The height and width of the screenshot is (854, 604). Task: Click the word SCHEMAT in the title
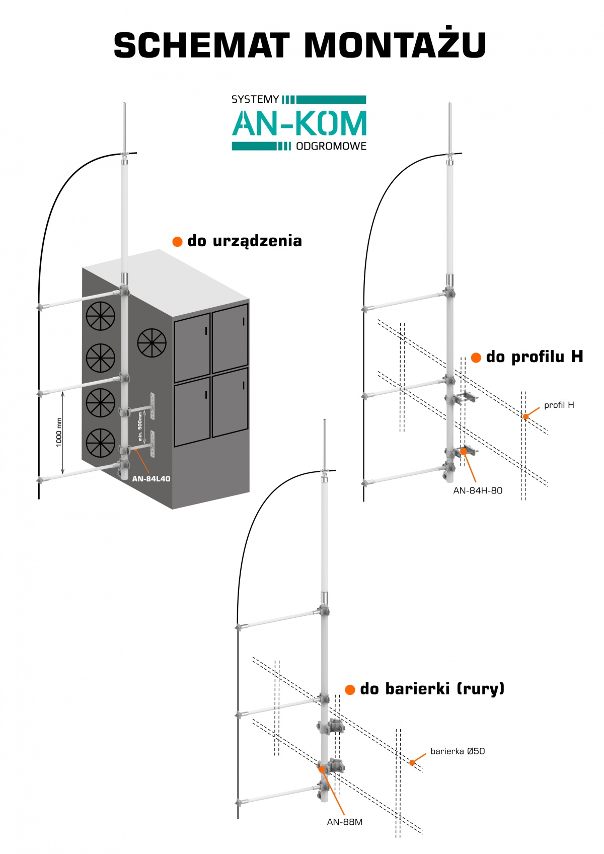point(202,45)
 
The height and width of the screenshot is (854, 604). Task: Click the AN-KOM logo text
point(299,123)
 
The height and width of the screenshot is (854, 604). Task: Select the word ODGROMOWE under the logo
point(331,146)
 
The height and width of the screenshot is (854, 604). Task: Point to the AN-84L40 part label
point(152,479)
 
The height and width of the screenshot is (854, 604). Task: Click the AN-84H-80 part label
point(478,490)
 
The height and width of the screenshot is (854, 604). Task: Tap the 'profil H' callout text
point(559,405)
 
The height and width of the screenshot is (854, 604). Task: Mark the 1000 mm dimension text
point(59,433)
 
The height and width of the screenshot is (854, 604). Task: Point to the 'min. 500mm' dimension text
point(140,426)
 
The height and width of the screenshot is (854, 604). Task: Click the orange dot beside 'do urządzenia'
point(177,241)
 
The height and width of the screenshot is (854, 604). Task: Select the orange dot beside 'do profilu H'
point(476,357)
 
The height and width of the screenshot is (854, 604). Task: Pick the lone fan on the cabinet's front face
point(152,343)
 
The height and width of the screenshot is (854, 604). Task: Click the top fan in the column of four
point(100,316)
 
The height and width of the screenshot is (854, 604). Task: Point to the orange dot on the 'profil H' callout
point(525,417)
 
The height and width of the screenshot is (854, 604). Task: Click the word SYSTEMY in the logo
point(255,100)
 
